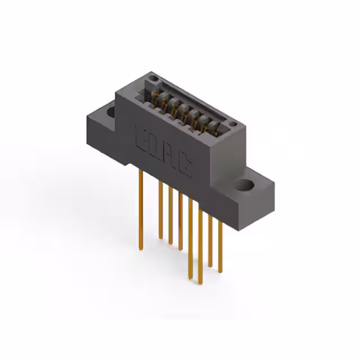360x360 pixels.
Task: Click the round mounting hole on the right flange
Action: pyautogui.click(x=245, y=184)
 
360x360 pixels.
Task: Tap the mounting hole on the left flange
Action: pyautogui.click(x=111, y=112)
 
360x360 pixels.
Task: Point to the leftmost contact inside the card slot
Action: pyautogui.click(x=154, y=95)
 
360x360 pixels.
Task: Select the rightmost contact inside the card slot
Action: pyautogui.click(x=215, y=124)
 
